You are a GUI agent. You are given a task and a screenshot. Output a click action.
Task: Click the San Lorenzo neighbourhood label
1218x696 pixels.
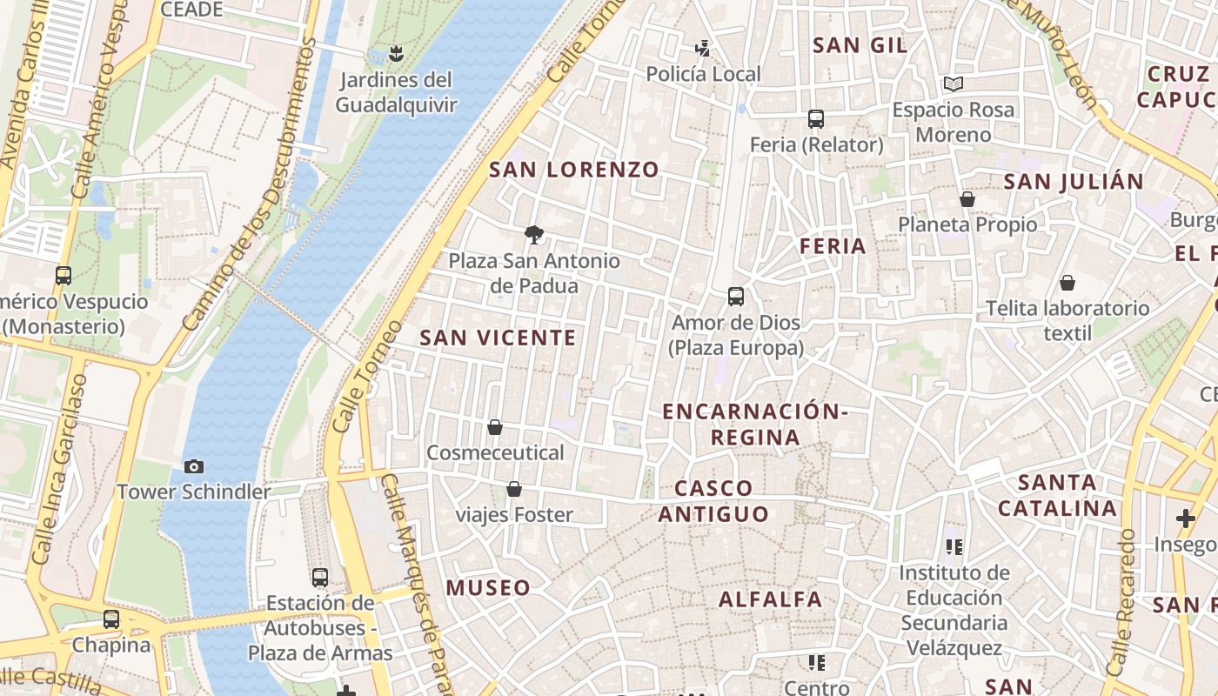point(574,170)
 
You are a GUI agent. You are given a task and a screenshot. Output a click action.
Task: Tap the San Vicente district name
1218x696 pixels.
point(498,338)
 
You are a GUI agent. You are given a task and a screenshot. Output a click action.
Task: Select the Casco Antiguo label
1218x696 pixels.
point(713,501)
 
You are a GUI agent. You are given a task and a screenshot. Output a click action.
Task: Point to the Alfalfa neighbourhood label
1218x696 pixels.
point(770,599)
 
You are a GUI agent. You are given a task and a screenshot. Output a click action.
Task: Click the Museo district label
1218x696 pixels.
point(488,588)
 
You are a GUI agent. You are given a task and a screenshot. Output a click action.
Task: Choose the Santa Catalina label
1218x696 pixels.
point(1057,495)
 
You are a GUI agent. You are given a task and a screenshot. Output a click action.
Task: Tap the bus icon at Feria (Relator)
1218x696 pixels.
point(815,119)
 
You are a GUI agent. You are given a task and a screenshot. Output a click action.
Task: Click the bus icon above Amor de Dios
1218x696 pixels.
point(736,297)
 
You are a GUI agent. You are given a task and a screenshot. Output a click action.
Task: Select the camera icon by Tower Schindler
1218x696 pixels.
point(194,467)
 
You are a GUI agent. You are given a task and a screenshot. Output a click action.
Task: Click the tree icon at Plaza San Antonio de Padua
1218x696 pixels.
point(534,233)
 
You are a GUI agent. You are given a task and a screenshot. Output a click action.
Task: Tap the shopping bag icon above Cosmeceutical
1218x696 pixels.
point(495,427)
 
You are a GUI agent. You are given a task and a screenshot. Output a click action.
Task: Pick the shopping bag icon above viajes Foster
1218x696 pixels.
point(514,490)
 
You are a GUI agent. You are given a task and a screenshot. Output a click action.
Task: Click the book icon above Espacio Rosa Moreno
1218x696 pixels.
point(954,84)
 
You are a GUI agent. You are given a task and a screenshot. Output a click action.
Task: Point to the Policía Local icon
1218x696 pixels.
point(702,49)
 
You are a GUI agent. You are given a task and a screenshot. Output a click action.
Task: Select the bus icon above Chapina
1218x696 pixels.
point(111,619)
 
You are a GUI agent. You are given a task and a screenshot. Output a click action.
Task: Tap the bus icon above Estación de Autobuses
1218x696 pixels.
point(320,577)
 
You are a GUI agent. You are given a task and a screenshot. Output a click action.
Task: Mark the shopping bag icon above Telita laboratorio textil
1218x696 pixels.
point(1067,283)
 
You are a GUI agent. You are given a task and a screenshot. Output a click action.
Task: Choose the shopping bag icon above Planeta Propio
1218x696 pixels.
point(967,199)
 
